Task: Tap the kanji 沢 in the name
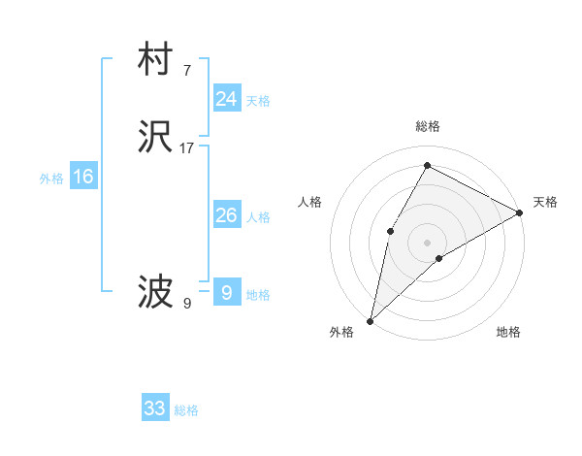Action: [x=155, y=140]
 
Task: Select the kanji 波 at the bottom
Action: [x=155, y=292]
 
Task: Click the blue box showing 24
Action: [x=226, y=99]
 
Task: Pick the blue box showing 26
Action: [x=226, y=215]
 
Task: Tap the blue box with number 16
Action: [x=83, y=177]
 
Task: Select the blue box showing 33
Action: [x=155, y=408]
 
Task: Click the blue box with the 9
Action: [x=226, y=292]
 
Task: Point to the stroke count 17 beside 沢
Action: [x=187, y=148]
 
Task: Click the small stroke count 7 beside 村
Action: [x=186, y=70]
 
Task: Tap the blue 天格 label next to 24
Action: [x=258, y=101]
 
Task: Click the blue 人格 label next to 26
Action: [x=258, y=217]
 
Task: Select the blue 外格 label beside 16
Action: [x=51, y=179]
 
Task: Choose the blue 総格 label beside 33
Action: [x=186, y=410]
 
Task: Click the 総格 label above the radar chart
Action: [x=427, y=126]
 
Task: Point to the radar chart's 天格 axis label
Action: [x=545, y=202]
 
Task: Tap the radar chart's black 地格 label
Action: [x=508, y=333]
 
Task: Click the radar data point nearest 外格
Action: [x=370, y=321]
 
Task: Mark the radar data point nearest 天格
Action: [x=520, y=212]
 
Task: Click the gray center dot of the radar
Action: [x=427, y=242]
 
